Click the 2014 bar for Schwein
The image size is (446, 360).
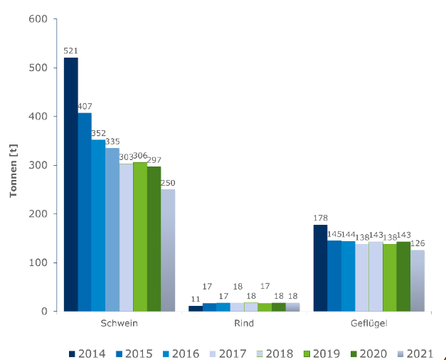[70, 184]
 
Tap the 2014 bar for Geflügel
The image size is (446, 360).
[320, 268]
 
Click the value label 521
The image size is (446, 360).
[70, 51]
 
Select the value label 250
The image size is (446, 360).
[167, 182]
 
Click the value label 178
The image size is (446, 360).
[320, 218]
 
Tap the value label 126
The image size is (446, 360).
[419, 243]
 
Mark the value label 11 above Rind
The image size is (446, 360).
[195, 299]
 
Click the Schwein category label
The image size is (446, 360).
[120, 323]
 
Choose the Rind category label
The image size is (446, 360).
[244, 323]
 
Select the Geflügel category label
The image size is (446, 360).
[368, 323]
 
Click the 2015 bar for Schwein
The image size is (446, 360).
[85, 212]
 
